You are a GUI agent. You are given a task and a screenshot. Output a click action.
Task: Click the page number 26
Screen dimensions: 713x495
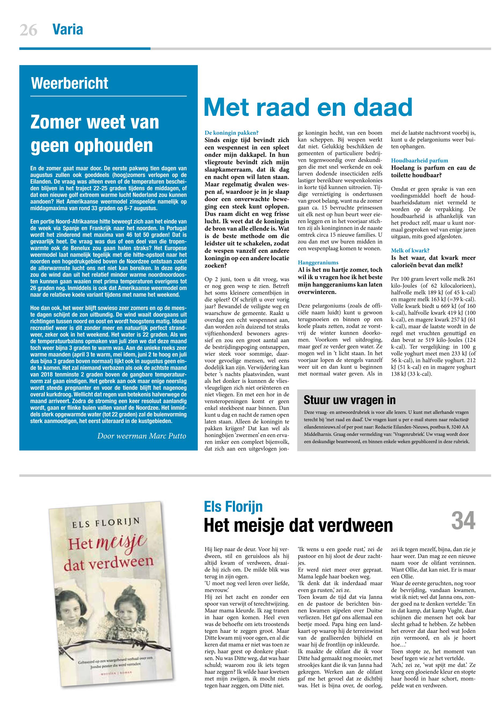28,30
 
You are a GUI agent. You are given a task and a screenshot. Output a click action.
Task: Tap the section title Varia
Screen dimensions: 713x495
68,30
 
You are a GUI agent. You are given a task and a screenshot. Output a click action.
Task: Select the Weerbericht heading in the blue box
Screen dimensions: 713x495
69,83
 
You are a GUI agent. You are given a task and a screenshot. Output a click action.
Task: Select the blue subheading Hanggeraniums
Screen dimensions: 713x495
318,262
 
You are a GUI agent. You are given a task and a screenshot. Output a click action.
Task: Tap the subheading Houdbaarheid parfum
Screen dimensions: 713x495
419,161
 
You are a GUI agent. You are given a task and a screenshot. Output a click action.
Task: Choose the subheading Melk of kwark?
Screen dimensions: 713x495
410,250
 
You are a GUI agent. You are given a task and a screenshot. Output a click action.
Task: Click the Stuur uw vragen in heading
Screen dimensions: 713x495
350,400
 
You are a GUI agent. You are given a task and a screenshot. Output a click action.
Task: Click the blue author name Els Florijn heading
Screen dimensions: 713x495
233,507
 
